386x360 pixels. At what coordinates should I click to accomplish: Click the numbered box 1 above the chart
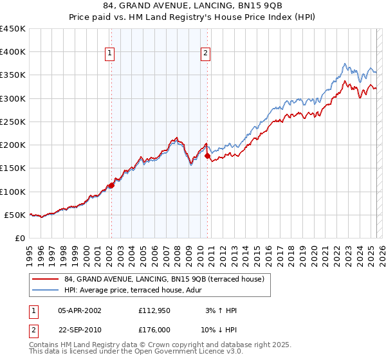tap(110, 54)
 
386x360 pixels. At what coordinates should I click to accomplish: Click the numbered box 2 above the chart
tap(205, 54)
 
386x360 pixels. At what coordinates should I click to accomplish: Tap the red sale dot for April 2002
tap(111, 185)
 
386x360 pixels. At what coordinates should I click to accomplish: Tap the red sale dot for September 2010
tap(207, 156)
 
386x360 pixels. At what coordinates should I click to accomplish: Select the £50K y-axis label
tap(15, 215)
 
